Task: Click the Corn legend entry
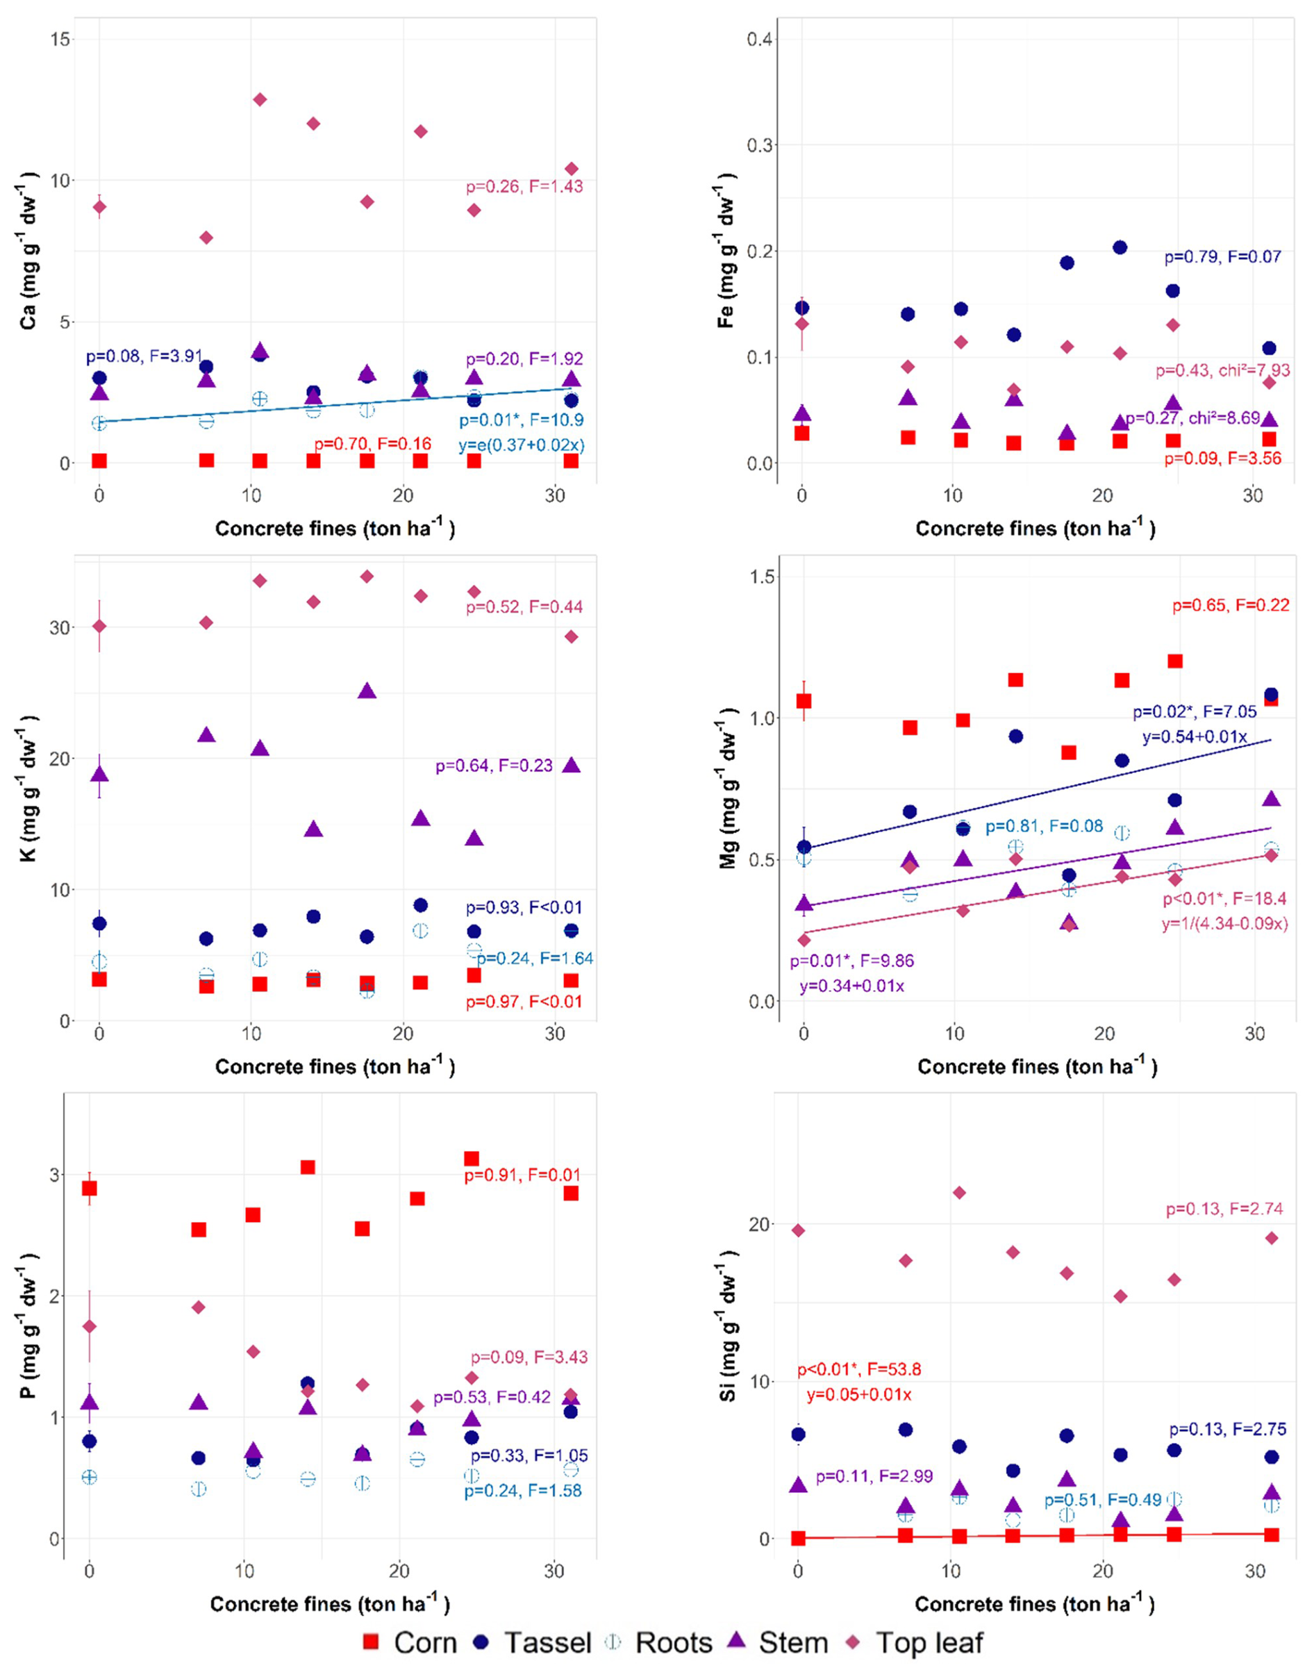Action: [x=409, y=1642]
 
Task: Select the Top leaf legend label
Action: [x=929, y=1642]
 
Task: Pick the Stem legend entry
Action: [x=781, y=1642]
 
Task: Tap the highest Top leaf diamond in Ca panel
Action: [x=260, y=99]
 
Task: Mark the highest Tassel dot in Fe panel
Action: [x=1120, y=247]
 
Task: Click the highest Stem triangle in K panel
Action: [x=367, y=691]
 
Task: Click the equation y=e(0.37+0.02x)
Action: [x=521, y=445]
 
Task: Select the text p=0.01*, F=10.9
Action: [x=521, y=420]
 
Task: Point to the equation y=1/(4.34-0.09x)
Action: [x=1224, y=923]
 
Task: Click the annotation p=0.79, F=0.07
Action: [x=1222, y=257]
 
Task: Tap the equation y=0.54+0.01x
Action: [x=1194, y=736]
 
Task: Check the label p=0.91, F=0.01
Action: [x=522, y=1175]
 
